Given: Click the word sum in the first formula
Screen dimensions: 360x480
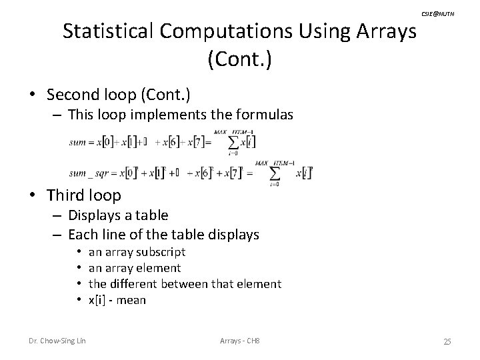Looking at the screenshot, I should (79, 143).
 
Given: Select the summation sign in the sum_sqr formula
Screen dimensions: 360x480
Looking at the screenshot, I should (274, 174).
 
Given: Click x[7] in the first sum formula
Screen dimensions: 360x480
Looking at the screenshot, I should (193, 143).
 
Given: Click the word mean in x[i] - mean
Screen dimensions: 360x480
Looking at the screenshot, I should (131, 300).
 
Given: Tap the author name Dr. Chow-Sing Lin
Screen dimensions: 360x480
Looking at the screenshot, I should (57, 342).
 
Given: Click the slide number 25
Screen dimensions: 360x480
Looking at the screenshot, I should (447, 342).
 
